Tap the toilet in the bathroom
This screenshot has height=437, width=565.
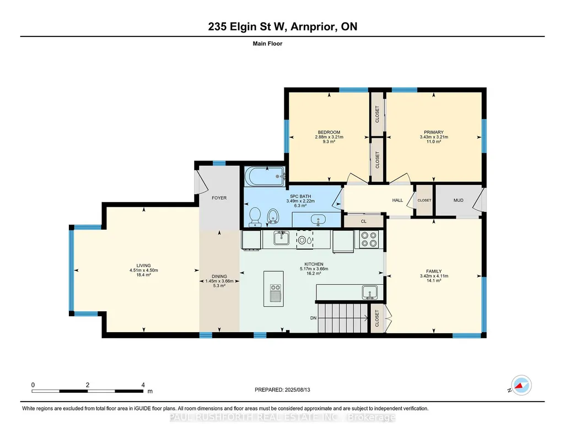tap(255, 217)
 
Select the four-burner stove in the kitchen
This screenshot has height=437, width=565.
tap(369, 239)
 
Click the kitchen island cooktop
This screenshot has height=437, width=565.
tap(275, 287)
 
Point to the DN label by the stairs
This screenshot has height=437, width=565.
tap(314, 318)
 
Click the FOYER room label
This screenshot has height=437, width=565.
tap(219, 198)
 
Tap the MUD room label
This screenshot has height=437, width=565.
tap(459, 200)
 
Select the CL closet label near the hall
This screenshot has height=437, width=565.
tap(364, 221)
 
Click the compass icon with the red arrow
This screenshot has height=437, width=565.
tap(521, 385)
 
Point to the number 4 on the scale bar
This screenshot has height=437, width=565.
tap(143, 385)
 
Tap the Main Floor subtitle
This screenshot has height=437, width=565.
tap(267, 44)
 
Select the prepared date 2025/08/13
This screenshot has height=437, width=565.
tap(297, 390)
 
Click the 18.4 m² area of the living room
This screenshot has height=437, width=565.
tap(143, 275)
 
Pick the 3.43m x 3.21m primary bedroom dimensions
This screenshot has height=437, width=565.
tap(434, 137)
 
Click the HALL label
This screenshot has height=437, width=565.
tap(397, 200)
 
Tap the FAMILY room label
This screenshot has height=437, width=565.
tap(434, 271)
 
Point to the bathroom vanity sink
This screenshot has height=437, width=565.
tap(318, 220)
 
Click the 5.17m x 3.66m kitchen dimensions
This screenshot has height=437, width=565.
tap(314, 269)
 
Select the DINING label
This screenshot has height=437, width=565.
tap(219, 276)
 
